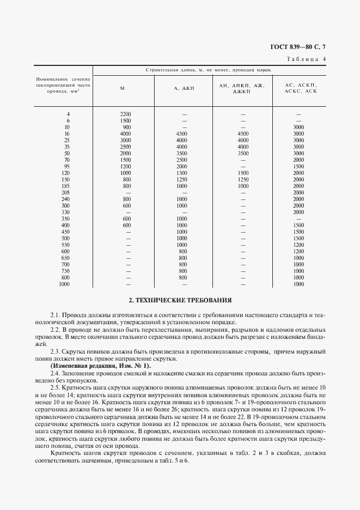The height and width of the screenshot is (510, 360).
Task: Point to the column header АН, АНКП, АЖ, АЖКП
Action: (x=241, y=88)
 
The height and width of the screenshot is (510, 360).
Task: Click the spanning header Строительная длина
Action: (x=209, y=71)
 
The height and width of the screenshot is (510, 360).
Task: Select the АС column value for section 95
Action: (x=298, y=166)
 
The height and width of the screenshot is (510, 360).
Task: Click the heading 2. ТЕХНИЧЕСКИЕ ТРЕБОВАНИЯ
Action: (x=180, y=300)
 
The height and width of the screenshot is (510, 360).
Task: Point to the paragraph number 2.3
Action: (x=55, y=352)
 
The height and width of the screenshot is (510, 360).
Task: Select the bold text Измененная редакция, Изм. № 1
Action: (x=100, y=366)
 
